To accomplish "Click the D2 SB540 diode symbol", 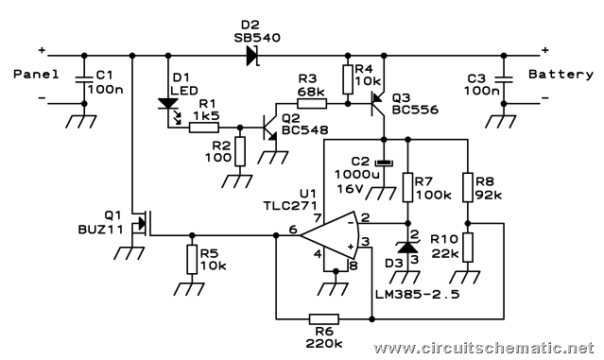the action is pyautogui.click(x=252, y=56).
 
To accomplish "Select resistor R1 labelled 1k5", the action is pyautogui.click(x=204, y=128).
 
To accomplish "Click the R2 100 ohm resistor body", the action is pyautogui.click(x=240, y=151).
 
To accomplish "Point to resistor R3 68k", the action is pyautogui.click(x=312, y=103).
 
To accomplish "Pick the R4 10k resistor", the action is pyautogui.click(x=348, y=79).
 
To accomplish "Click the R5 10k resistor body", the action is pyautogui.click(x=192, y=260).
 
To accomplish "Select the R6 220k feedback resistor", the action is pyautogui.click(x=324, y=318).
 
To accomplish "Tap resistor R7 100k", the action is pyautogui.click(x=407, y=187).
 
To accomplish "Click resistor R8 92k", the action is pyautogui.click(x=468, y=187).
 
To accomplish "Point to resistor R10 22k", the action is pyautogui.click(x=468, y=248).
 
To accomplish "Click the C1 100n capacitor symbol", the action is pyautogui.click(x=84, y=79).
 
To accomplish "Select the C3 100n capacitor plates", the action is pyautogui.click(x=504, y=79).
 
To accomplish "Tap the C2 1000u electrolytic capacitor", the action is pyautogui.click(x=384, y=163).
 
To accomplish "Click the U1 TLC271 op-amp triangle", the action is pyautogui.click(x=330, y=235).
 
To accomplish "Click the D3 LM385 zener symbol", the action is pyautogui.click(x=407, y=248).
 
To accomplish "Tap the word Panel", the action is pyautogui.click(x=36, y=74).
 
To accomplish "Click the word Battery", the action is pyautogui.click(x=561, y=74).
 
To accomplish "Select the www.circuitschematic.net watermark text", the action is pyautogui.click(x=483, y=348).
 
